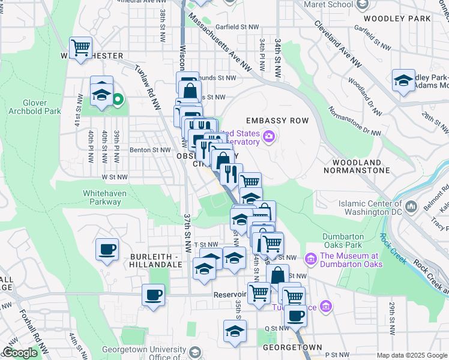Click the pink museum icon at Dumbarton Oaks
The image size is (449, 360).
311,259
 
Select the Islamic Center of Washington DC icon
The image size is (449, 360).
412,207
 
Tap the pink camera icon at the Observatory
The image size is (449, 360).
269,137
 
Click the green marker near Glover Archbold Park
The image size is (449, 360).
118,100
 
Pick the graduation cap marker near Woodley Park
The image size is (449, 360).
403,80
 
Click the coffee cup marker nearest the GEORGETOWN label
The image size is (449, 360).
295,316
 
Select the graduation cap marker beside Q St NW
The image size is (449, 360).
235,332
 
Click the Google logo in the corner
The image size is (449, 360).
20,353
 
